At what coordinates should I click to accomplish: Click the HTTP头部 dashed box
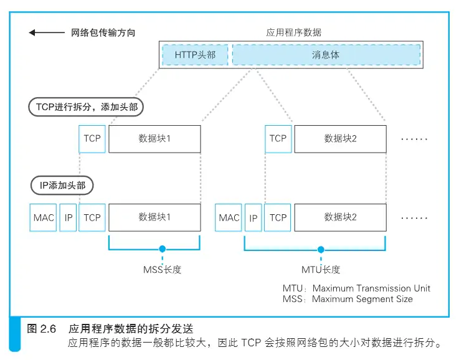tap(196, 55)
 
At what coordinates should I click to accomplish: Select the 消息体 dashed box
tap(326, 55)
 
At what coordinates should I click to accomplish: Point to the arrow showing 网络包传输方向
tap(47, 32)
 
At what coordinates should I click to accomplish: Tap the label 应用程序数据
tap(293, 32)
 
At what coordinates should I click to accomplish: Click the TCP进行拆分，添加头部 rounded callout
tap(86, 107)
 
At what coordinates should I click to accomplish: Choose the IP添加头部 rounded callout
tap(62, 185)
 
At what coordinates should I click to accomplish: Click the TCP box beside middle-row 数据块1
tap(92, 139)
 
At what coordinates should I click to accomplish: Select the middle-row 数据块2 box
tap(341, 139)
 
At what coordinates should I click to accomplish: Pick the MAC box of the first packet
tap(43, 217)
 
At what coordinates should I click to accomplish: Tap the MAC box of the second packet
tap(229, 217)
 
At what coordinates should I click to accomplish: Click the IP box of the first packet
tap(68, 217)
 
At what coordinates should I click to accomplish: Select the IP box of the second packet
tap(253, 217)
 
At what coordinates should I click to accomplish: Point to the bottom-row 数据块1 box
tap(154, 217)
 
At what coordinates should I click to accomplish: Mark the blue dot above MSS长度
tap(162, 249)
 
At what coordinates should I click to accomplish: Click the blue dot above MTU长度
tap(321, 250)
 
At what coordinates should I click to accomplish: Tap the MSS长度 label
tap(162, 270)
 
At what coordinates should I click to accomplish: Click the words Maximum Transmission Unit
tap(371, 288)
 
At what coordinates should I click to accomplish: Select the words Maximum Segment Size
tap(362, 299)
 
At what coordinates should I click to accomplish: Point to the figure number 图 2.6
tap(41, 329)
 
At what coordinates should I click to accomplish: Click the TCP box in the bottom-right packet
tap(278, 217)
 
